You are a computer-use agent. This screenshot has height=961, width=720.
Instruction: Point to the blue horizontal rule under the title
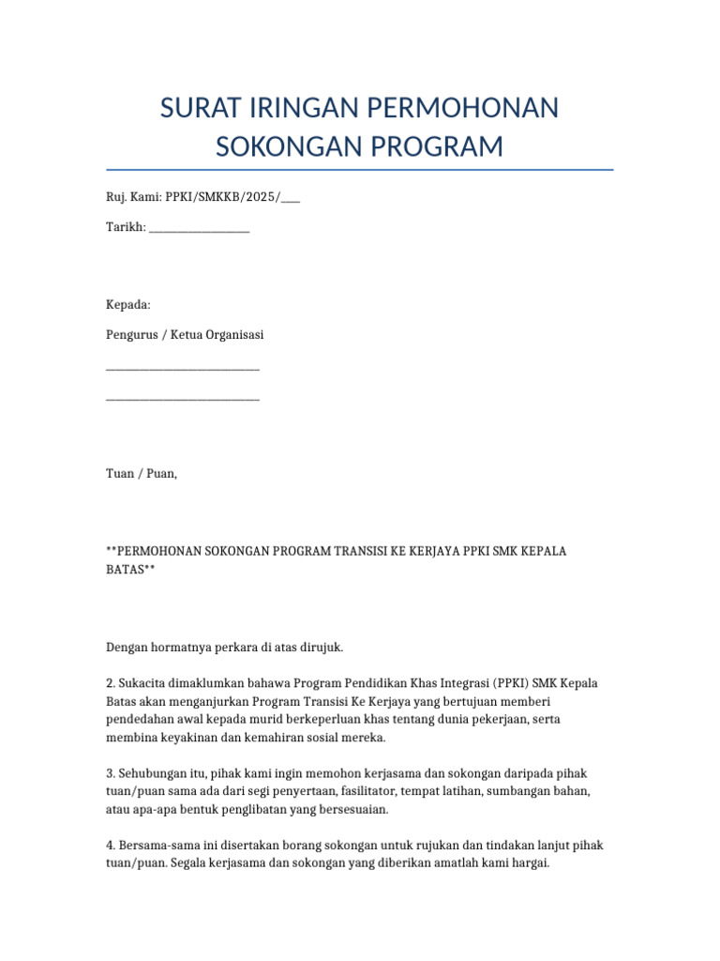pos(360,170)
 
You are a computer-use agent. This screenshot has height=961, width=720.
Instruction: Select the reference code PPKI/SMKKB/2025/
pos(222,197)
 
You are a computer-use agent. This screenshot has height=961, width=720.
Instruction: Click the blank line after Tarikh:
pos(199,228)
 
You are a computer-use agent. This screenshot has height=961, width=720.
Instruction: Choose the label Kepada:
pos(127,304)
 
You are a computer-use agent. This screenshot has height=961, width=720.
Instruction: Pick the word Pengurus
pos(130,334)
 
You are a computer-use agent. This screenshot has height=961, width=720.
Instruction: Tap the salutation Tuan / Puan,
pos(142,474)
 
